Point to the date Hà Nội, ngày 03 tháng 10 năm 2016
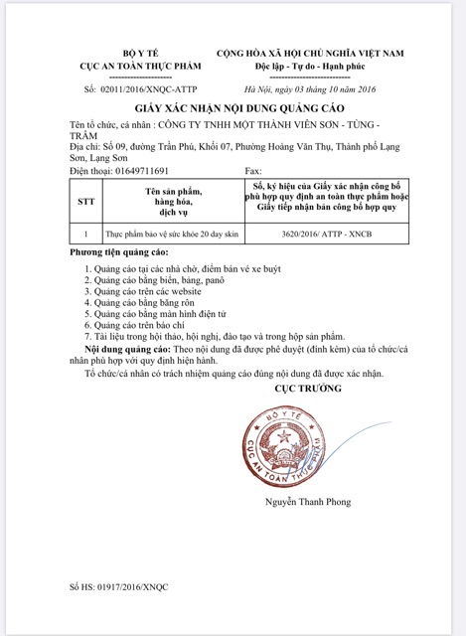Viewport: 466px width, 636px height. [x=309, y=89]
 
